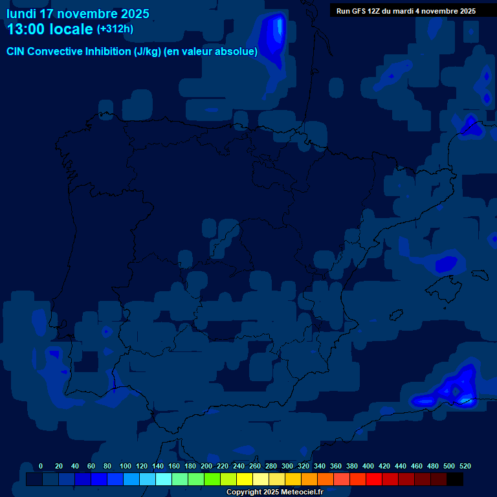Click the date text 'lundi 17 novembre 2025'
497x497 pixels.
78,14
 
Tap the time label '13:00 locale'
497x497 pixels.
50,29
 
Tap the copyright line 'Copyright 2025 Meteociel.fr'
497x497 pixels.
274,492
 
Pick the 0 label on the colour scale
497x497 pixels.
41,466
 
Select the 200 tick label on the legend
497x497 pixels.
206,466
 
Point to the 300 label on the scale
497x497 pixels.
287,466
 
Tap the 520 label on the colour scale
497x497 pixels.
465,466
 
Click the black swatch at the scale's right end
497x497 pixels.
455,480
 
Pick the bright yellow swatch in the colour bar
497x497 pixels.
245,480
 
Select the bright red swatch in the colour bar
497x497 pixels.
374,480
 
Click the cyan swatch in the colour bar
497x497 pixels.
164,480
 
